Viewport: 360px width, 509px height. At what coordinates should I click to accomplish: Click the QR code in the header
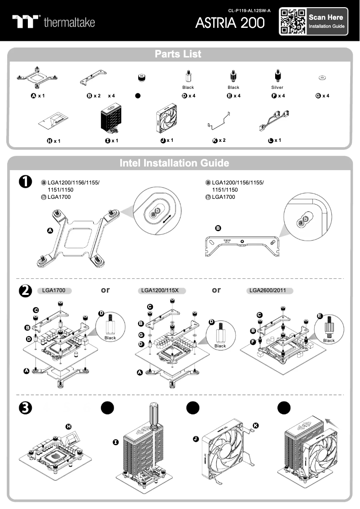(293, 22)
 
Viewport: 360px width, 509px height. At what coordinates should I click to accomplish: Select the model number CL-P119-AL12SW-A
(249, 10)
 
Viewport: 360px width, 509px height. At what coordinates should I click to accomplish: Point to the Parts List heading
(178, 54)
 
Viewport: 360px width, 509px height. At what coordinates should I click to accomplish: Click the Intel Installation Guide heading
(174, 163)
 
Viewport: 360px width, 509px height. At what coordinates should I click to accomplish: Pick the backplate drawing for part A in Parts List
(37, 77)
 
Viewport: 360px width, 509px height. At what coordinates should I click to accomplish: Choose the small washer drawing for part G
(322, 78)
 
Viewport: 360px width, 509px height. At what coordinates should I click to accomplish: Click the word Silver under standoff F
(277, 88)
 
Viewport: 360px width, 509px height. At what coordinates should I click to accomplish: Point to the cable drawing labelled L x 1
(274, 121)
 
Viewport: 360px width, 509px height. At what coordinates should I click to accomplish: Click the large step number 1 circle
(25, 181)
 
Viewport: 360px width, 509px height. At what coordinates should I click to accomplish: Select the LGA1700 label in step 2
(54, 290)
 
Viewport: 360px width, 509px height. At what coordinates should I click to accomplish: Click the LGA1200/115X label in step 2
(160, 290)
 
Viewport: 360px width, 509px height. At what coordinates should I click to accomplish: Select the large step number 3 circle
(25, 408)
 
